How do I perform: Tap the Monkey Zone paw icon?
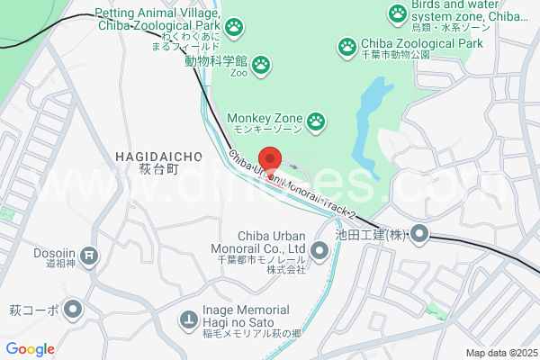pyautogui.click(x=316, y=120)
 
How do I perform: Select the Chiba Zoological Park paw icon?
pyautogui.click(x=346, y=44)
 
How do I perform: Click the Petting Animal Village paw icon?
pyautogui.click(x=234, y=26)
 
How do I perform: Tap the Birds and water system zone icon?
pyautogui.click(x=398, y=13)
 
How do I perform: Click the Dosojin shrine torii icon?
pyautogui.click(x=89, y=256)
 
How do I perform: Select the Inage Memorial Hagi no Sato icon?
pyautogui.click(x=188, y=319)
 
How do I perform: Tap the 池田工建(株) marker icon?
pyautogui.click(x=418, y=236)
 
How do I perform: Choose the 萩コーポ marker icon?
pyautogui.click(x=73, y=310)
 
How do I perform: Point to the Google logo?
pyautogui.click(x=30, y=349)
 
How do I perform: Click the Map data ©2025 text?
pyautogui.click(x=500, y=353)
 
